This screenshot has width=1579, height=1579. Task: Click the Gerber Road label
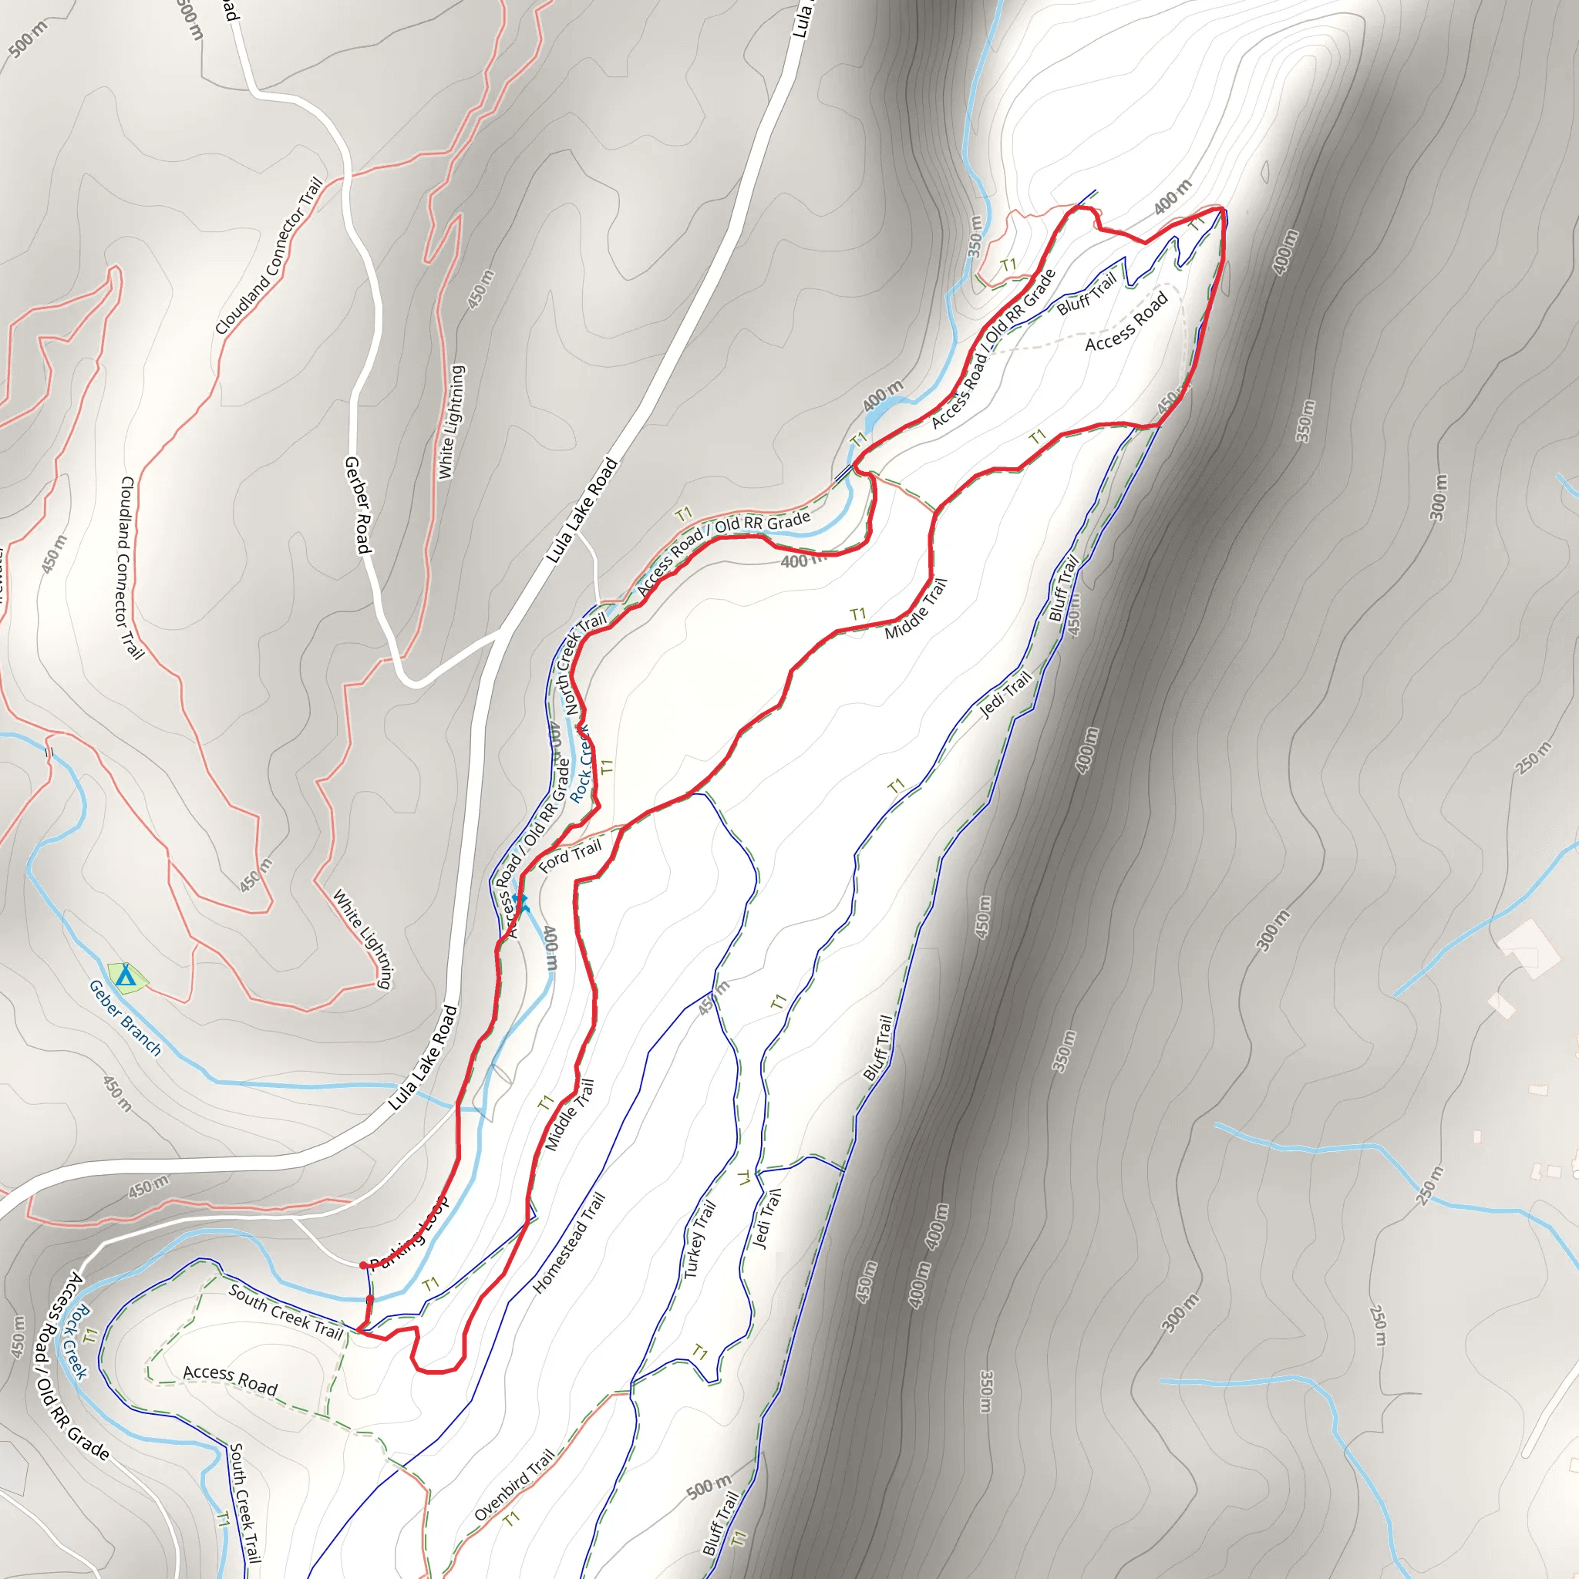[x=358, y=505]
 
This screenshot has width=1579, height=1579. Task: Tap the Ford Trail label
[x=570, y=856]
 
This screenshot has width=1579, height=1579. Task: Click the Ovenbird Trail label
[x=514, y=1483]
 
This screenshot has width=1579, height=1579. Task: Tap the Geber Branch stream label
[x=125, y=1018]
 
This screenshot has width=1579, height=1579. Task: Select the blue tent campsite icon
[x=125, y=977]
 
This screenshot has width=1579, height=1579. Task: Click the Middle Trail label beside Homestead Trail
[x=570, y=1115]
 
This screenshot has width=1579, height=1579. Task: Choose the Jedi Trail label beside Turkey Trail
[x=766, y=1217]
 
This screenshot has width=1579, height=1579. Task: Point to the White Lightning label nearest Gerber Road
[x=451, y=422]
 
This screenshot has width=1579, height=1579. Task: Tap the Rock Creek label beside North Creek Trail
[x=581, y=764]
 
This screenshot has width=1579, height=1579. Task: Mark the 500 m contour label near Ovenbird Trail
[x=709, y=1486]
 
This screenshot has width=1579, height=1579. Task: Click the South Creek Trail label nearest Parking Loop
[x=285, y=1311]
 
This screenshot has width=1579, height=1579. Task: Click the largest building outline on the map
[x=1527, y=948]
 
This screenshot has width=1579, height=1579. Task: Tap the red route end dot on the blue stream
[x=369, y=1298]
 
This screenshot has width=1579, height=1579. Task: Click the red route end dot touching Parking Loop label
[x=363, y=1265]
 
